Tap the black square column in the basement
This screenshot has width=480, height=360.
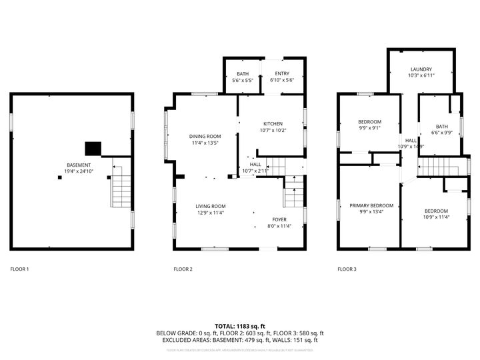[93, 148]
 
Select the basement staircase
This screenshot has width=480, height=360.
[121, 186]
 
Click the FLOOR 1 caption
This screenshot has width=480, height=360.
[19, 269]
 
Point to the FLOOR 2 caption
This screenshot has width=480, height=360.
[183, 269]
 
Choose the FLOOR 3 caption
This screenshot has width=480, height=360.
[347, 269]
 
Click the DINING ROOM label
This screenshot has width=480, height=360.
[205, 136]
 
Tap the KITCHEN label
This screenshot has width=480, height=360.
[273, 124]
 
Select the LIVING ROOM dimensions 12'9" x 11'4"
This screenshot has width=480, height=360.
[210, 213]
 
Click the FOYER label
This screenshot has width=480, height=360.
[279, 219]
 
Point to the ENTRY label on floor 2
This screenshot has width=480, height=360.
[282, 73]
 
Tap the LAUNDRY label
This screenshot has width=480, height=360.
[421, 69]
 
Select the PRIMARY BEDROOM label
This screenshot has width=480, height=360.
[371, 205]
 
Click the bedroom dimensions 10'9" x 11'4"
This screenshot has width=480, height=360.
[437, 217]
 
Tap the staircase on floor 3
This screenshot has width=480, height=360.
[439, 167]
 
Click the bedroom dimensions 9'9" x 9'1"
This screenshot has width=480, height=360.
[369, 129]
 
